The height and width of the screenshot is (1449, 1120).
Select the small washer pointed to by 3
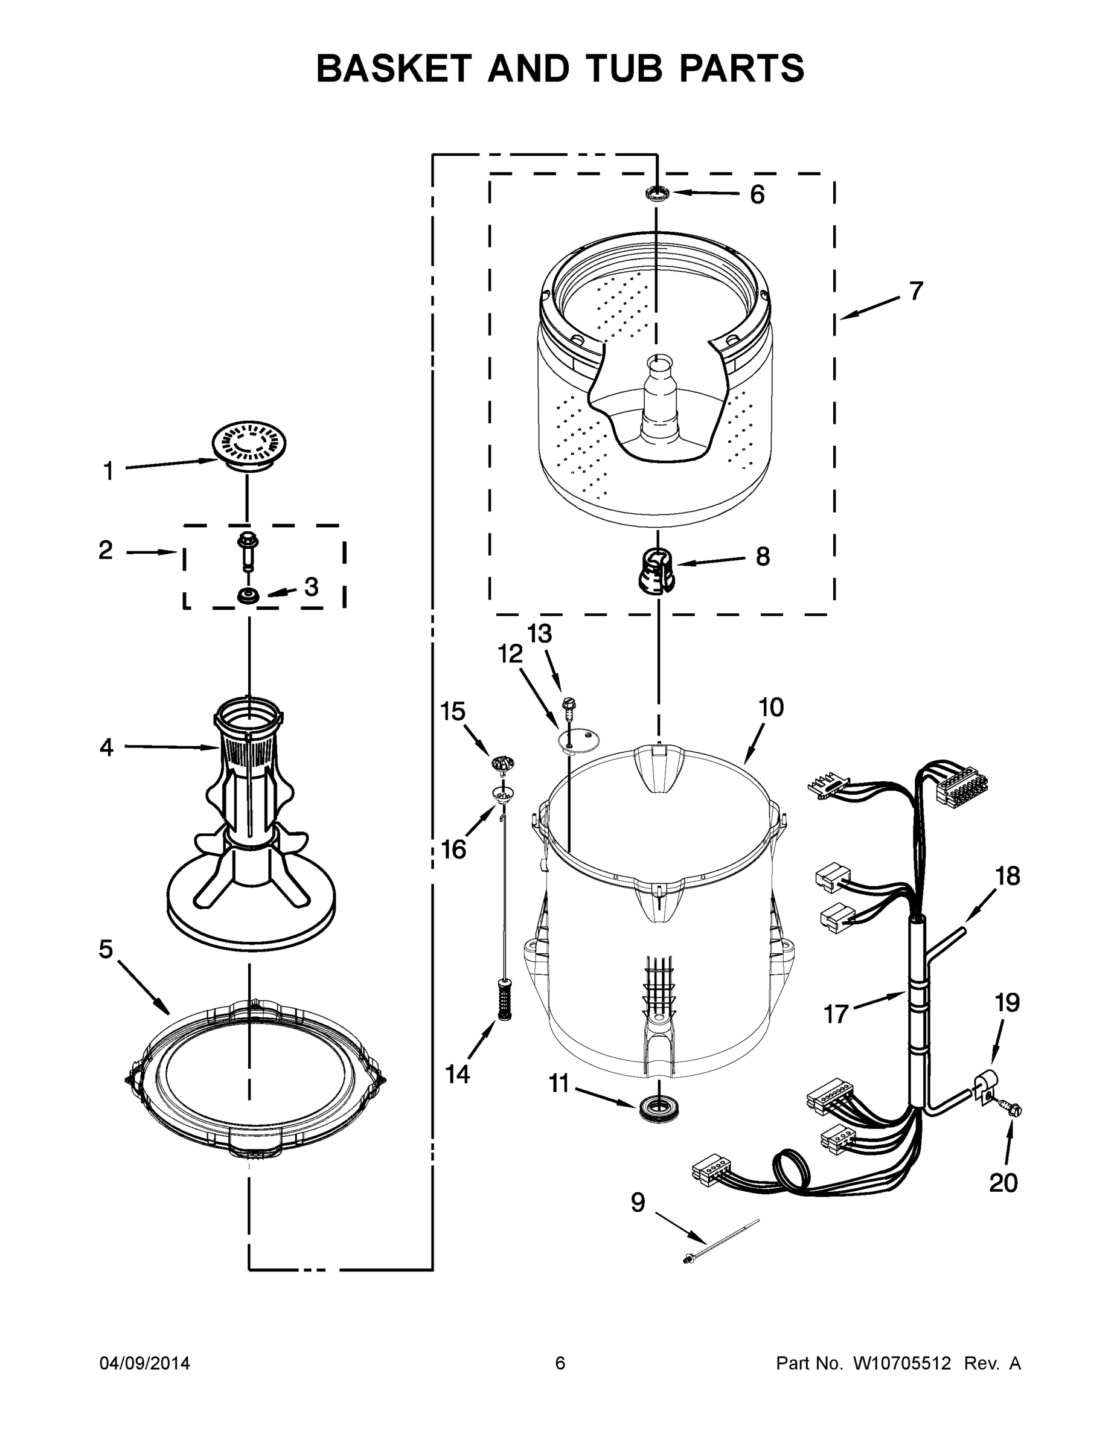248,595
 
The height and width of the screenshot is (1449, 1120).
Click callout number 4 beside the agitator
106,747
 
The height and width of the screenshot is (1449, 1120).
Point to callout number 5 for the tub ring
106,950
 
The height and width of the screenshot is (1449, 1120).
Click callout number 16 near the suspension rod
454,849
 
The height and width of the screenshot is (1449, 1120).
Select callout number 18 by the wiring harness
1007,877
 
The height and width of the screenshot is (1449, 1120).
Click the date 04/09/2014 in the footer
145,1364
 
